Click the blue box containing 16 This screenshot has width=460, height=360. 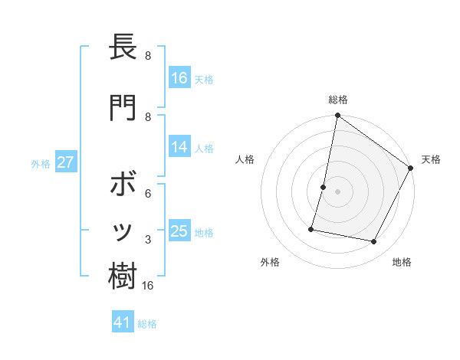pyautogui.click(x=179, y=77)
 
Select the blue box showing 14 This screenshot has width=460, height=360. pyautogui.click(x=179, y=147)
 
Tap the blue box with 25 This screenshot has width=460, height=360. pyautogui.click(x=179, y=231)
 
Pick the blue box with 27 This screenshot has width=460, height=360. pyautogui.click(x=66, y=162)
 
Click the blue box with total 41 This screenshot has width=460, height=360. pyautogui.click(x=123, y=322)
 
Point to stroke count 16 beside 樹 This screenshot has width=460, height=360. pyautogui.click(x=148, y=286)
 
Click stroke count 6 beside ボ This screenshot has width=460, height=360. pyautogui.click(x=148, y=193)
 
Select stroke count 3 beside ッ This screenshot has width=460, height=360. pyautogui.click(x=148, y=240)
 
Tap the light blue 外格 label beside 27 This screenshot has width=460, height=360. pyautogui.click(x=41, y=163)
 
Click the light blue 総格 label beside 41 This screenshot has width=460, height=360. pyautogui.click(x=147, y=324)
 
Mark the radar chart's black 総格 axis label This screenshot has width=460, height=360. pyautogui.click(x=337, y=100)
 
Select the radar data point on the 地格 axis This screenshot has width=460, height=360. pyautogui.click(x=374, y=242)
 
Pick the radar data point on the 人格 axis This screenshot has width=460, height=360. pyautogui.click(x=324, y=187)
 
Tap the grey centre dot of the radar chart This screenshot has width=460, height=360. pyautogui.click(x=337, y=191)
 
